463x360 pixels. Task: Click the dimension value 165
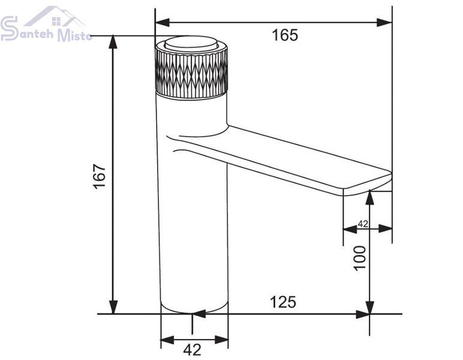point(285,35)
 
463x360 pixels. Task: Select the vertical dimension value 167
point(100,176)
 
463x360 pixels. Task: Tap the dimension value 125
point(283,302)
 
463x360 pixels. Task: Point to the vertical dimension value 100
point(360,258)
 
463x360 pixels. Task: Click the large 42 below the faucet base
point(193,350)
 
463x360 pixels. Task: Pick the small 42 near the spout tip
point(363,224)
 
